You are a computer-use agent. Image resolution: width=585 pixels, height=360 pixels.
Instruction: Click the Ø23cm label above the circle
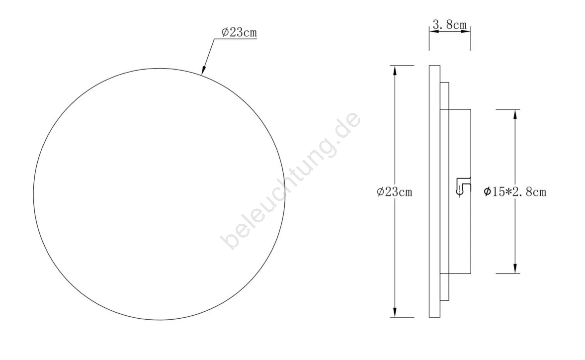pos(239,32)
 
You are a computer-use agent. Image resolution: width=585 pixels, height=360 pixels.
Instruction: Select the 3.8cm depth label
pos(450,25)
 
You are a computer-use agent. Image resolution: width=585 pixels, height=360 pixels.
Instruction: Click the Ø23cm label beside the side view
pos(394,192)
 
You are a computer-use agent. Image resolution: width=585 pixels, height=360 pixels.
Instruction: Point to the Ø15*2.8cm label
pos(515,192)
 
